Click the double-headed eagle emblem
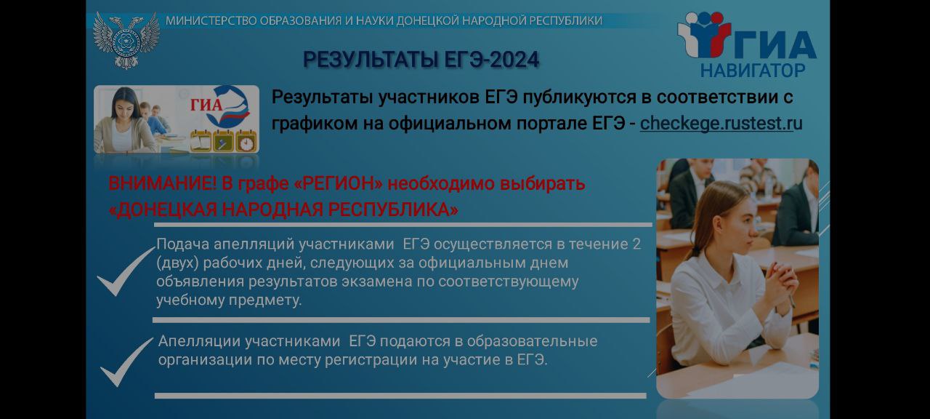click(x=126, y=40)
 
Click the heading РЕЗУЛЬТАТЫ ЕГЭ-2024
click(x=421, y=59)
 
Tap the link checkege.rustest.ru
click(x=721, y=124)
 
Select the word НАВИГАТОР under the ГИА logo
click(x=753, y=71)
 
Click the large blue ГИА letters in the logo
click(x=775, y=44)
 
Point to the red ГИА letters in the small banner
click(x=206, y=104)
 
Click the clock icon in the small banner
click(x=246, y=141)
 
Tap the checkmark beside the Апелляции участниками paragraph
click(x=126, y=362)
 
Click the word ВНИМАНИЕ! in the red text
click(x=162, y=183)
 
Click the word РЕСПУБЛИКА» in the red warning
click(x=393, y=209)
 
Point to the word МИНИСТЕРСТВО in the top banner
click(x=211, y=20)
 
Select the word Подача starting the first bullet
click(x=182, y=244)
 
